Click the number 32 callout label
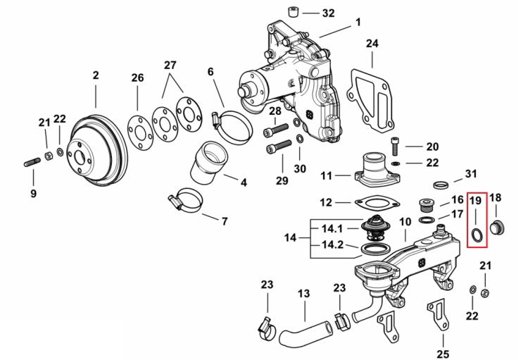coord(328,13)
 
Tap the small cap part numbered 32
coord(294,12)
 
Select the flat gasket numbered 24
coord(370,100)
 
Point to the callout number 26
coord(137,78)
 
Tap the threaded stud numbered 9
coord(32,163)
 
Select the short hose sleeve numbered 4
coord(209,163)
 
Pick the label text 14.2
coord(332,244)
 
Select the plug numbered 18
coord(497,228)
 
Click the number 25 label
coord(443,354)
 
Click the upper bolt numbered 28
coord(275,130)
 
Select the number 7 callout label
coord(225,221)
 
